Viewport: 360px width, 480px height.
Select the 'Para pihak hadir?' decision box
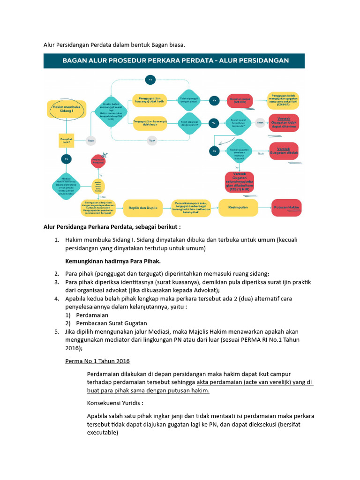click(x=66, y=140)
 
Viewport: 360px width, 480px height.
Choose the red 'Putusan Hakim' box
click(x=287, y=206)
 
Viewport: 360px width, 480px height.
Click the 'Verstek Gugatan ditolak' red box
click(x=284, y=151)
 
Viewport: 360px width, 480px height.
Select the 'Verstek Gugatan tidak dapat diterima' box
click(x=284, y=123)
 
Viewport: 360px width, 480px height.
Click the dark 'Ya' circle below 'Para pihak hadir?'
click(x=66, y=159)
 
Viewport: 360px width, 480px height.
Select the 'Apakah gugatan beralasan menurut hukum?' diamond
click(x=239, y=151)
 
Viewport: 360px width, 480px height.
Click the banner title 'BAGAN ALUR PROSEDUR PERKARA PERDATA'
click(x=174, y=61)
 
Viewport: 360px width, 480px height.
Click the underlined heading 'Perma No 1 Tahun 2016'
click(x=97, y=361)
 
